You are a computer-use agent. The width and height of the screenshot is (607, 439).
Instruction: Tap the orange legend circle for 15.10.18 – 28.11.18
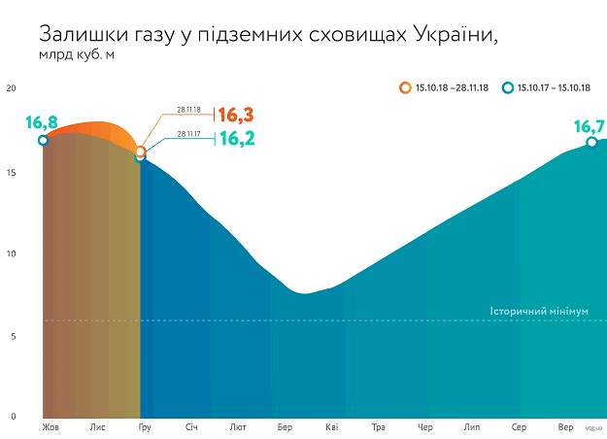pyautogui.click(x=404, y=88)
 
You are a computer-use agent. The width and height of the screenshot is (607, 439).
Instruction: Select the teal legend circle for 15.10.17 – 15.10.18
pyautogui.click(x=507, y=88)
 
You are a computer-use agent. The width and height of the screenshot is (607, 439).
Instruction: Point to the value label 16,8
pyautogui.click(x=42, y=122)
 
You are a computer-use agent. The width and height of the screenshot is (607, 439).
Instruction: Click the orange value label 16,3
pyautogui.click(x=236, y=116)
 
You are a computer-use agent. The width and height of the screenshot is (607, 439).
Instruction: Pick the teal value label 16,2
pyautogui.click(x=237, y=138)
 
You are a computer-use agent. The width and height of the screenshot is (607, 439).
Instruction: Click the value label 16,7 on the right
pyautogui.click(x=590, y=126)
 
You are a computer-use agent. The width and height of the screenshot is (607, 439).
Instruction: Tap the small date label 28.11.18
pyautogui.click(x=188, y=111)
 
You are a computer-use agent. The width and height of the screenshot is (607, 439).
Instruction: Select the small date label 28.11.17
pyautogui.click(x=188, y=134)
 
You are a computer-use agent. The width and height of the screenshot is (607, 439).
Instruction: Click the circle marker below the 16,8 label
pyautogui.click(x=43, y=141)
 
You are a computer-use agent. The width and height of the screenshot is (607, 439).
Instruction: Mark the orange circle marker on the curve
pyautogui.click(x=141, y=152)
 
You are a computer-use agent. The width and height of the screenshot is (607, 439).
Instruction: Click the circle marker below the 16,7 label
pyautogui.click(x=591, y=143)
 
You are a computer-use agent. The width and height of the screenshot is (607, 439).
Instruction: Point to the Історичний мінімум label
pyautogui.click(x=539, y=313)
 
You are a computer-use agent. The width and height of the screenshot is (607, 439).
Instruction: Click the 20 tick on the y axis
pyautogui.click(x=12, y=88)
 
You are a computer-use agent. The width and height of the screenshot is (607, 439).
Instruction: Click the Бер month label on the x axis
pyautogui.click(x=285, y=426)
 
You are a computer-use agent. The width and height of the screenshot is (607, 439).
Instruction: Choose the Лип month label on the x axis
pyautogui.click(x=472, y=426)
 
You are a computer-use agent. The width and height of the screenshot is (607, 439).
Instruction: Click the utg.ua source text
pyautogui.click(x=593, y=427)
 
